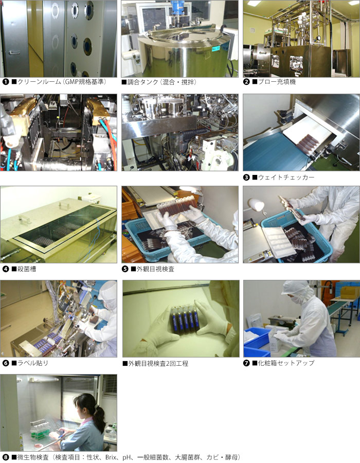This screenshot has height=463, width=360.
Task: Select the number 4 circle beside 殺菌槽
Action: (6, 269)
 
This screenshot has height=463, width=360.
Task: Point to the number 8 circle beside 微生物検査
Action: (6, 457)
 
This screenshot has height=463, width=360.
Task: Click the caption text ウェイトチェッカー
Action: (286, 177)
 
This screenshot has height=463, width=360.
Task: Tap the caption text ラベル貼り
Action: (32, 363)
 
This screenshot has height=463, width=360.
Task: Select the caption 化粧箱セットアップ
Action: (286, 363)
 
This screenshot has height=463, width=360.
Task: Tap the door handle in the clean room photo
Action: (14, 53)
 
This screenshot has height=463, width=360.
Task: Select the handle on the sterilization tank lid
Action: (65, 204)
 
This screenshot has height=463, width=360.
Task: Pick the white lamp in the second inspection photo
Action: (257, 204)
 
